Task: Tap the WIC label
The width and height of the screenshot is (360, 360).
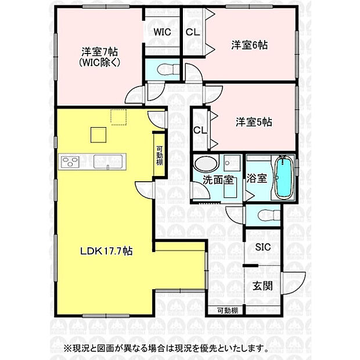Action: (162, 33)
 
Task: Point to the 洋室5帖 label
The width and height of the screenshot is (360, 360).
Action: (254, 122)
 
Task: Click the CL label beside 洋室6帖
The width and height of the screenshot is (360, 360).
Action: (193, 33)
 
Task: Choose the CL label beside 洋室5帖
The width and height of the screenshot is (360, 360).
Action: (200, 130)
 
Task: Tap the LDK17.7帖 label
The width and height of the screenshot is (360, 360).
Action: (106, 251)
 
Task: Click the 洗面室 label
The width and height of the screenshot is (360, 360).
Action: (218, 179)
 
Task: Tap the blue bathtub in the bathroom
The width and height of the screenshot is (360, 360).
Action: (283, 177)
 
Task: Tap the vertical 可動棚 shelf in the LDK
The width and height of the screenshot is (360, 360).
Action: (159, 154)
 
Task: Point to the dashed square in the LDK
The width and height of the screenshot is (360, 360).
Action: (119, 118)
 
